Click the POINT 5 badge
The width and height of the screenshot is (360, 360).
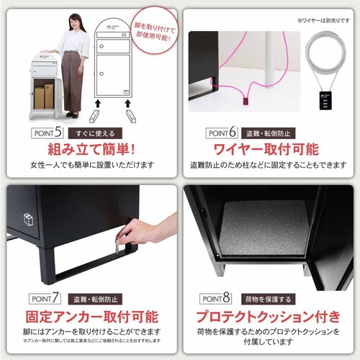pos(49,132)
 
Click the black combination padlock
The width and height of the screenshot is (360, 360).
pos(321,100)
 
